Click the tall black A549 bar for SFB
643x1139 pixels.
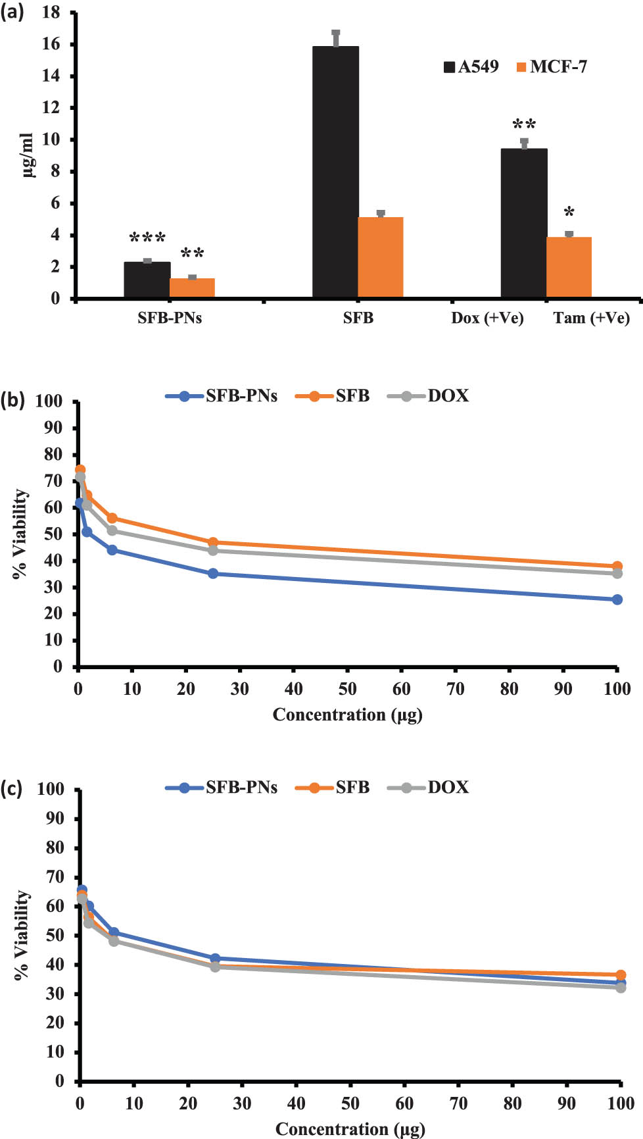(x=335, y=171)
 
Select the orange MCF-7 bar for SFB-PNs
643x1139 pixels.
(x=192, y=288)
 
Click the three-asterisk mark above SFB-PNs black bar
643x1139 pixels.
(x=147, y=238)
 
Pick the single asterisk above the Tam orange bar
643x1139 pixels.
(x=569, y=213)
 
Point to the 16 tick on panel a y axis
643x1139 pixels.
(x=51, y=44)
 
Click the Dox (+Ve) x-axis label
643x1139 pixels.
(x=487, y=318)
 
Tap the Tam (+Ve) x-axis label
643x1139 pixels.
(x=591, y=318)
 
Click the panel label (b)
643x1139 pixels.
(x=12, y=400)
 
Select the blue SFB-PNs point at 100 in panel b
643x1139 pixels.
(x=617, y=599)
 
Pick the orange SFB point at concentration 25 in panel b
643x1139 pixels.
(x=213, y=543)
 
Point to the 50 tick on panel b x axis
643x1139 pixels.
(x=347, y=689)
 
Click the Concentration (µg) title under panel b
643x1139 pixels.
(x=347, y=715)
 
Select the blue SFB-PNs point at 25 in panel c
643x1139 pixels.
(x=215, y=959)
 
